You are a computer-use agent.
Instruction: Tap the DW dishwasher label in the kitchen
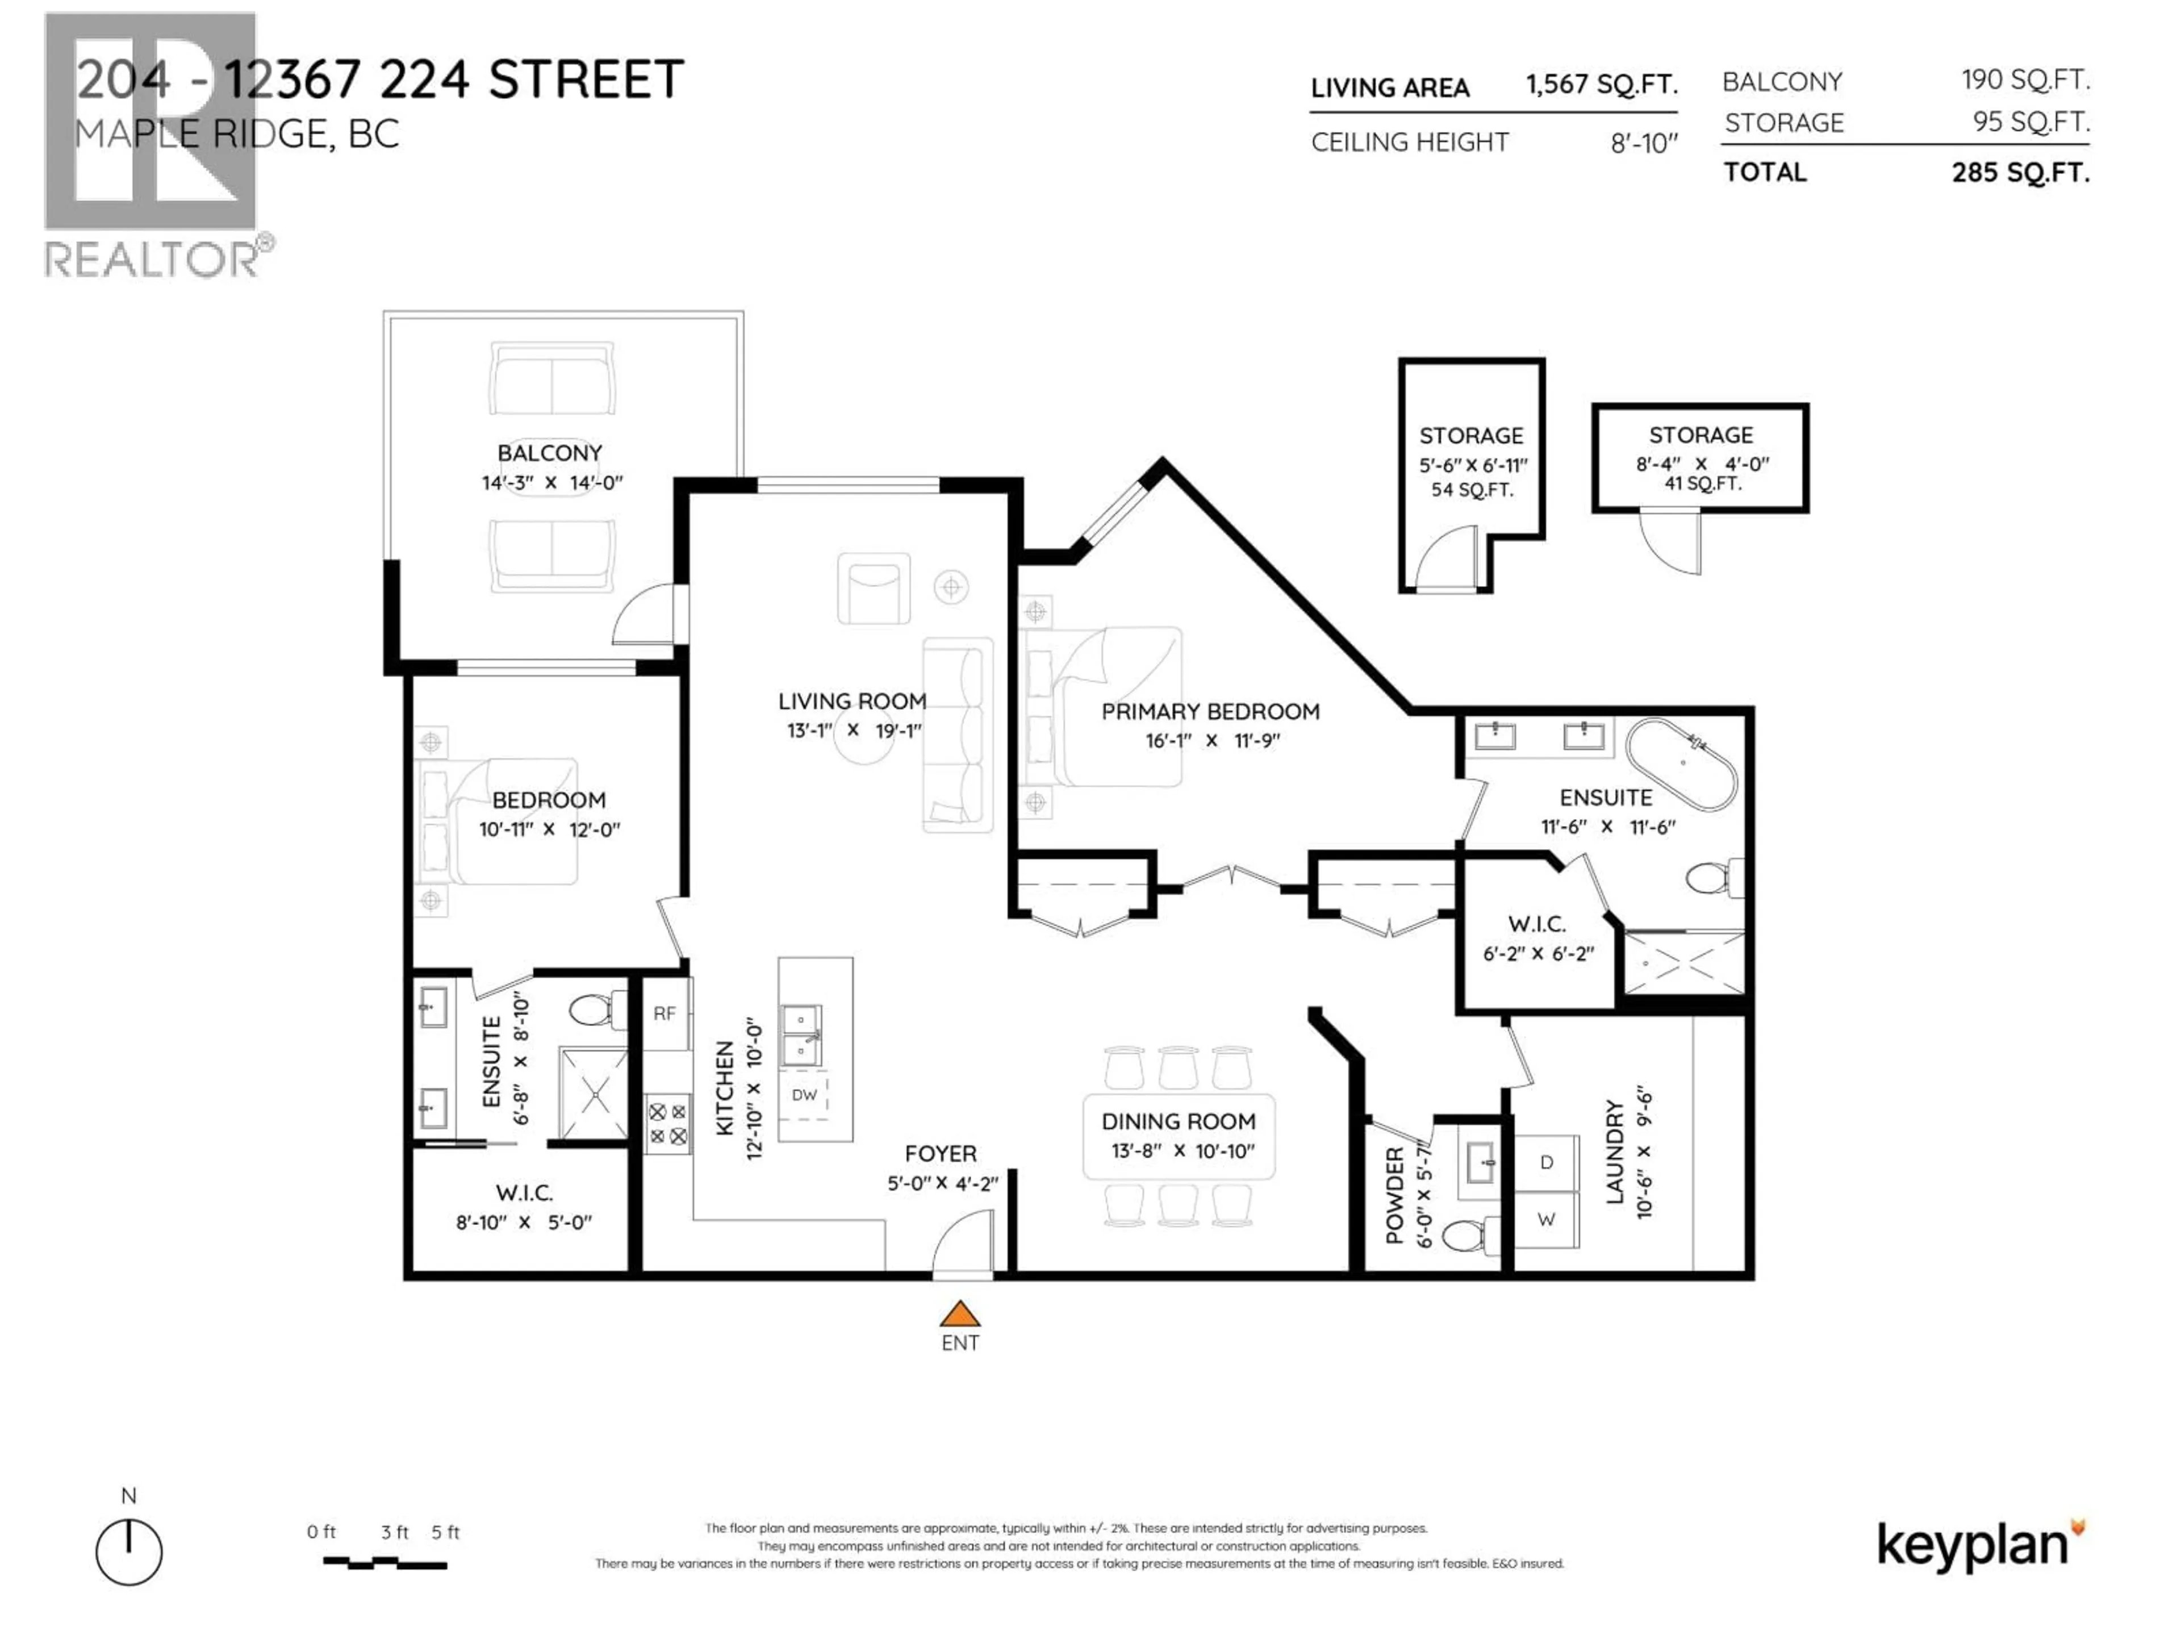pyautogui.click(x=805, y=1095)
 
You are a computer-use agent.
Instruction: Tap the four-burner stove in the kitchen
pyautogui.click(x=667, y=1124)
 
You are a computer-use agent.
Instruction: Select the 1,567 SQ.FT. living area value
pyautogui.click(x=1601, y=85)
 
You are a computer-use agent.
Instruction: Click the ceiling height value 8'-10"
pyautogui.click(x=1644, y=144)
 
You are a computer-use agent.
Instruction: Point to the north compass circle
pyautogui.click(x=129, y=1552)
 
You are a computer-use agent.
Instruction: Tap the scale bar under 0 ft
pyautogui.click(x=385, y=1563)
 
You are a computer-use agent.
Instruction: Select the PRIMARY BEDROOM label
pyautogui.click(x=1210, y=711)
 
